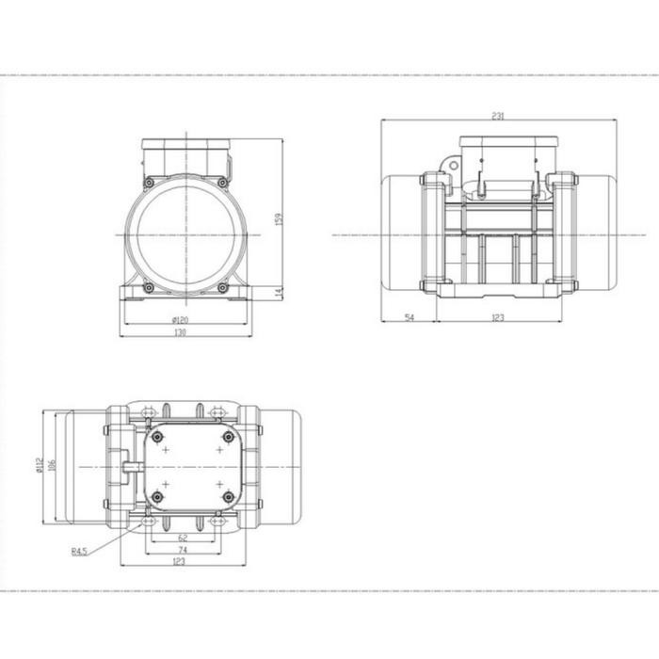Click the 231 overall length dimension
(498, 116)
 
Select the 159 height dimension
(279, 219)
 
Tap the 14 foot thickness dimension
(279, 293)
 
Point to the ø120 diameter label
(181, 320)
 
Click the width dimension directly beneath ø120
(180, 333)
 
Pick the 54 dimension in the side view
(409, 317)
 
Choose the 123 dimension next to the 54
(498, 317)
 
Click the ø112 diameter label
(40, 465)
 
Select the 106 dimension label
(52, 465)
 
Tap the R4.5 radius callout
(79, 552)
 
